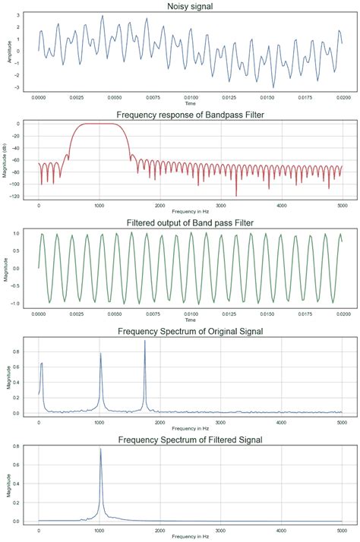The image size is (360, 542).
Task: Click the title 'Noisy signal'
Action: point(191,7)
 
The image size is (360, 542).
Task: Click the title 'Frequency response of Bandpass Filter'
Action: point(191,115)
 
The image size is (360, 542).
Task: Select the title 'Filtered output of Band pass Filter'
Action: point(191,223)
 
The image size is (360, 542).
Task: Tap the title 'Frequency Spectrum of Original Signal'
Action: point(191,332)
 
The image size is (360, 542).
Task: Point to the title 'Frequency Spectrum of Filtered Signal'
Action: point(191,440)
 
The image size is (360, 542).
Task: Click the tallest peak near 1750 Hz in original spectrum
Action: point(144,342)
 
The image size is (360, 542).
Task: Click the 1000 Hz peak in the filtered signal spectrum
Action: point(100,449)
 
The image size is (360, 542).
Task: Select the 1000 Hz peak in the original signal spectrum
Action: point(100,355)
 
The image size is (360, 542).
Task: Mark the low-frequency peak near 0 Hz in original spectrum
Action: point(42,364)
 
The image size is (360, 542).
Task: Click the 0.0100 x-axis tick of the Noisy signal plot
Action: point(191,98)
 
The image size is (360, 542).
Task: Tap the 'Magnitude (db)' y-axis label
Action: point(6,159)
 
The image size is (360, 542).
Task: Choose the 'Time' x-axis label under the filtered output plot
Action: point(191,320)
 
